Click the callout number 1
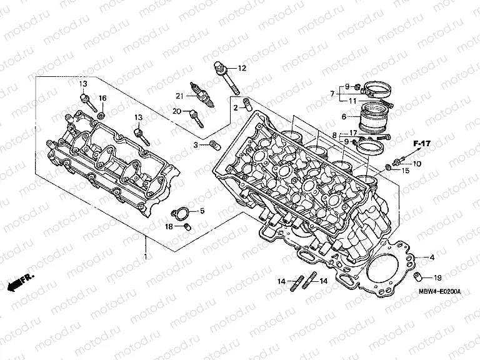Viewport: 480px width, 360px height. (146, 257)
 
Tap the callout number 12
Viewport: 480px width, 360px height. (242, 67)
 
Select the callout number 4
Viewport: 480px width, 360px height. (431, 257)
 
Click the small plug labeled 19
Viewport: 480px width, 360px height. (420, 277)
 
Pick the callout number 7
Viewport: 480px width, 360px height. (333, 93)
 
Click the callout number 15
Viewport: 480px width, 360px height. (406, 170)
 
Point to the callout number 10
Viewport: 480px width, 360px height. (417, 164)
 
